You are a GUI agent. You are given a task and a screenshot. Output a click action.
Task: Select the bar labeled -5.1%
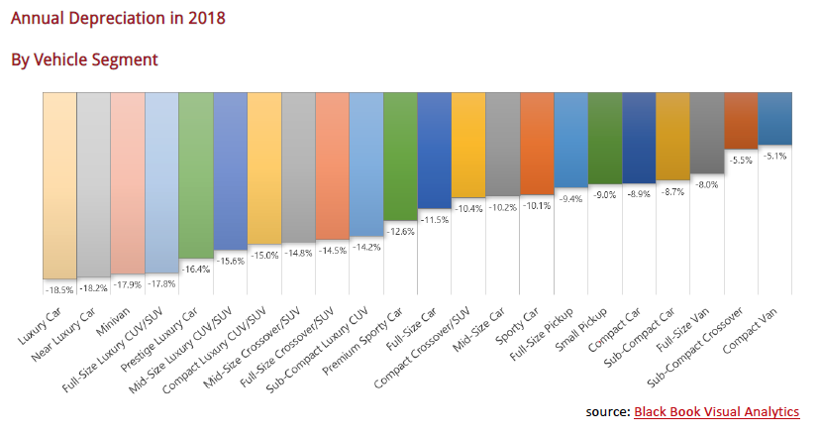click(773, 118)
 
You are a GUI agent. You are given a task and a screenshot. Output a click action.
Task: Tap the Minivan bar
click(128, 183)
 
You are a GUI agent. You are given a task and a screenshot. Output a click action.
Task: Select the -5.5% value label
click(740, 159)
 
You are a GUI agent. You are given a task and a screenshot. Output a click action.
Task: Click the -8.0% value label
click(706, 183)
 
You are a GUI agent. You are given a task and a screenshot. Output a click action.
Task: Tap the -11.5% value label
click(434, 218)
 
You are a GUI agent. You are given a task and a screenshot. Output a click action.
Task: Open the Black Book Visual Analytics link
click(716, 411)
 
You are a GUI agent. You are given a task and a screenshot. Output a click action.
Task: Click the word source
click(607, 411)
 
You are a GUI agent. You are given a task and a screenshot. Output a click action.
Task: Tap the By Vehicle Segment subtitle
click(84, 60)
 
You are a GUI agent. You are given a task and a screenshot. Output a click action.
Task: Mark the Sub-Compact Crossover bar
click(740, 120)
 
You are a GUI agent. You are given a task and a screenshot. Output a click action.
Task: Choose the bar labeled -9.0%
click(604, 139)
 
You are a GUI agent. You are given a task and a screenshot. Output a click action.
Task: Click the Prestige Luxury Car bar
click(196, 175)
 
